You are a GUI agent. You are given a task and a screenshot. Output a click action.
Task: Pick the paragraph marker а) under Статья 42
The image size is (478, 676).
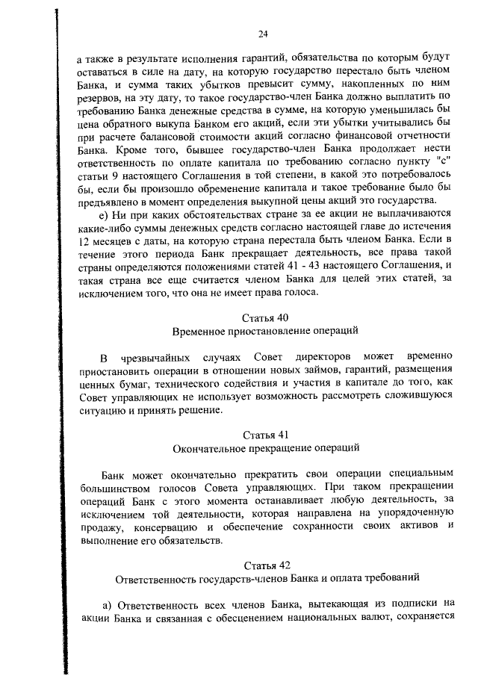pyautogui.click(x=108, y=604)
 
